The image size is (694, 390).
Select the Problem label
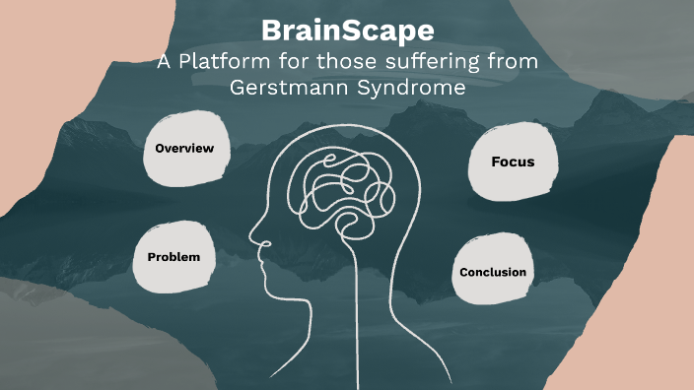[x=173, y=257]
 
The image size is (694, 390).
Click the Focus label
[x=513, y=161]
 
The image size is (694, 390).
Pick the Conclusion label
[x=493, y=272]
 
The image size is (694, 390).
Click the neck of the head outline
[x=340, y=325]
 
